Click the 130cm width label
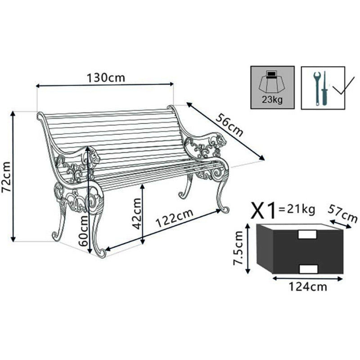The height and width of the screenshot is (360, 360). pyautogui.click(x=106, y=77)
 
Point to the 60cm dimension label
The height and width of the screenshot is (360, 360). pyautogui.click(x=83, y=229)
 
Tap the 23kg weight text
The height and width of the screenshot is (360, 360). pyautogui.click(x=272, y=100)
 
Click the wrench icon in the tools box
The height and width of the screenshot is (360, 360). pyautogui.click(x=317, y=87)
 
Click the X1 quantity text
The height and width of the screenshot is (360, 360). pyautogui.click(x=264, y=209)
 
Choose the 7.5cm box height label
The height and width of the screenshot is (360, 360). pyautogui.click(x=239, y=248)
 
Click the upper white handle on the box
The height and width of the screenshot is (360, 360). pyautogui.click(x=307, y=234)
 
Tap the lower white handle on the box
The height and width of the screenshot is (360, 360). pyautogui.click(x=308, y=269)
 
